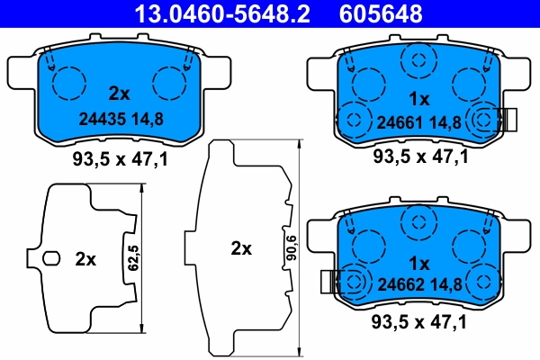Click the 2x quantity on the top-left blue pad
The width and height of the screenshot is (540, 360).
[119, 93]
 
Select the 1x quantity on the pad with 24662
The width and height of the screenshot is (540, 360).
[419, 265]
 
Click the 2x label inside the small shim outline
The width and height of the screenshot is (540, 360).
[85, 259]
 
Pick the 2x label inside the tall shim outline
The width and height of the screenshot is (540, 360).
[240, 249]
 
